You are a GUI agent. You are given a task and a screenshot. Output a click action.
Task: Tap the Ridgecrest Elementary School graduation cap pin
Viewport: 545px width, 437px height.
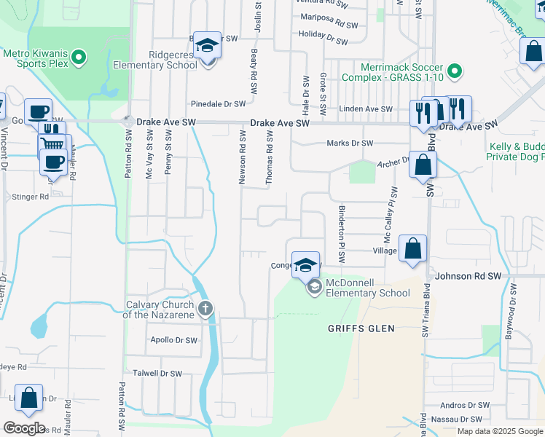208,46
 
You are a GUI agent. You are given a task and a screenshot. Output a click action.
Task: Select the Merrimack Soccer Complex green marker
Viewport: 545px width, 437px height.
455,71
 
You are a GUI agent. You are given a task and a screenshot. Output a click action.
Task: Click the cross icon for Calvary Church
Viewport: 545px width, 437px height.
205,310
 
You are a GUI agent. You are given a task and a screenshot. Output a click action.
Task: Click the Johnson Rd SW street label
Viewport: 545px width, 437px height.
468,277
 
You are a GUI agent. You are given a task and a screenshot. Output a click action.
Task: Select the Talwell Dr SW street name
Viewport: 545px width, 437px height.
157,373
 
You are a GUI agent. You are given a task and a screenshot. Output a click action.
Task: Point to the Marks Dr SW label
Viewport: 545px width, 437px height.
350,143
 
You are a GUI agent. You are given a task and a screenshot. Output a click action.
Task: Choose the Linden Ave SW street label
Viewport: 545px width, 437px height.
366,109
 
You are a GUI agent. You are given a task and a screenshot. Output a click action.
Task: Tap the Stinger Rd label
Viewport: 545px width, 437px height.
30,197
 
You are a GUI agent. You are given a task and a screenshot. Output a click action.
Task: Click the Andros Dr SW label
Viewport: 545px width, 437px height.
464,405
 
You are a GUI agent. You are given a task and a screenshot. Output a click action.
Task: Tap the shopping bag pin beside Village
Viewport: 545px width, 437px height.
412,249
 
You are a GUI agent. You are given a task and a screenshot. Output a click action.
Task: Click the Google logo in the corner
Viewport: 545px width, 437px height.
24,428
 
